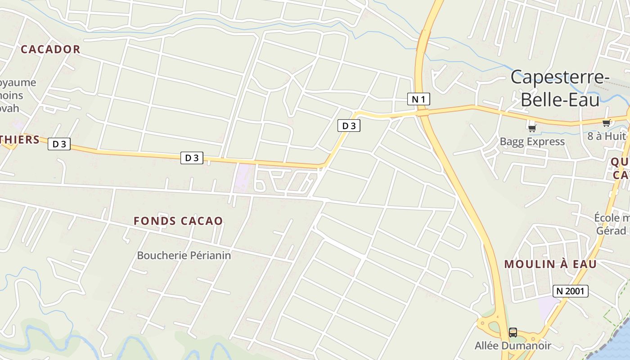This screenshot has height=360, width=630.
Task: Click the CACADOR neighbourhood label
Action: [x=50, y=49]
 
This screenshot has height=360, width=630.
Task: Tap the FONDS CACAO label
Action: [x=178, y=221]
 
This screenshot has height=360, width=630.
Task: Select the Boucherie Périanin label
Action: [x=184, y=256]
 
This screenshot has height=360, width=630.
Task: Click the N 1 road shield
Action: [x=418, y=99]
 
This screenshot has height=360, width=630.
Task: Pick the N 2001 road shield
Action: [x=570, y=291]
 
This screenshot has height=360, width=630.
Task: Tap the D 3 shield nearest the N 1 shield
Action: [x=349, y=126]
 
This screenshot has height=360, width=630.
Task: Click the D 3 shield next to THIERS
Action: [x=59, y=144]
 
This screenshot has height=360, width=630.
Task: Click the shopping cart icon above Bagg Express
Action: [x=532, y=128]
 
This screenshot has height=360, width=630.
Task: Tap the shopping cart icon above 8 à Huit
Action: [x=606, y=123]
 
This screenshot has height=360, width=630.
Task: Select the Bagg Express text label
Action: [x=532, y=142]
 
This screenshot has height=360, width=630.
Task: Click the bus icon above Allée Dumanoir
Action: [x=513, y=333]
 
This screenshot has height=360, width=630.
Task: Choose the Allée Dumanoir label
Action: [x=513, y=346]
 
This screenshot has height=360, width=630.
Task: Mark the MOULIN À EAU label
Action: [x=550, y=264]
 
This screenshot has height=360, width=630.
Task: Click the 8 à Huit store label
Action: [x=607, y=136]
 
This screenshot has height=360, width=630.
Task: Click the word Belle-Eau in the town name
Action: [x=560, y=99]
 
